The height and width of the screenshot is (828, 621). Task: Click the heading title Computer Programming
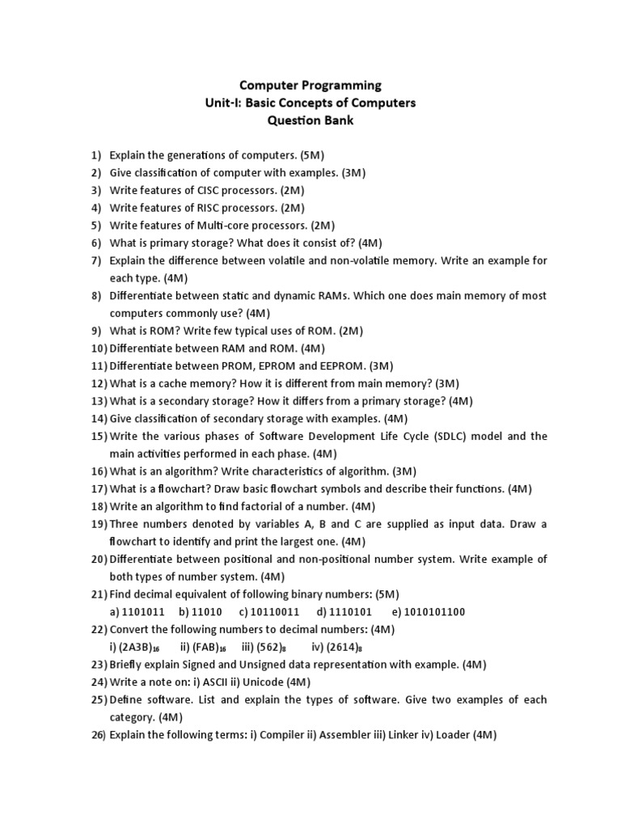(x=310, y=85)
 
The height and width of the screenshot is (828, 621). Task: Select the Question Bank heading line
(x=310, y=120)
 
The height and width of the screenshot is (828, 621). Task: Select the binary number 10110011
(x=277, y=612)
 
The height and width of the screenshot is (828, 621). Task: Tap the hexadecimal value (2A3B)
(x=135, y=647)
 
